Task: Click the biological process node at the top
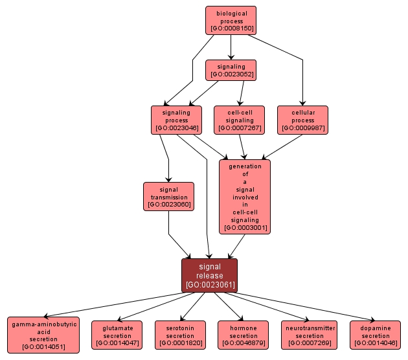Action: (231, 20)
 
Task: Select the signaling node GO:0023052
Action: (231, 70)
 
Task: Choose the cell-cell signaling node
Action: (240, 120)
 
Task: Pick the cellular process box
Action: (302, 120)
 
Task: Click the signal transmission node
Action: (168, 197)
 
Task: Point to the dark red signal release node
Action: (209, 275)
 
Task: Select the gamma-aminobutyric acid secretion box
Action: (43, 335)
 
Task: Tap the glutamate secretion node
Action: (117, 335)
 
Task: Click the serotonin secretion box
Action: (180, 335)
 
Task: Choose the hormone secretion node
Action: (244, 335)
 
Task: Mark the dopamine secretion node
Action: (376, 335)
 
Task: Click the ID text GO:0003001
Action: (245, 228)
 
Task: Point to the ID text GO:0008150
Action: (231, 28)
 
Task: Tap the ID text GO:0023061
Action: (209, 284)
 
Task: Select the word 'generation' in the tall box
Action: (245, 166)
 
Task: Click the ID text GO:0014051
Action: (43, 347)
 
